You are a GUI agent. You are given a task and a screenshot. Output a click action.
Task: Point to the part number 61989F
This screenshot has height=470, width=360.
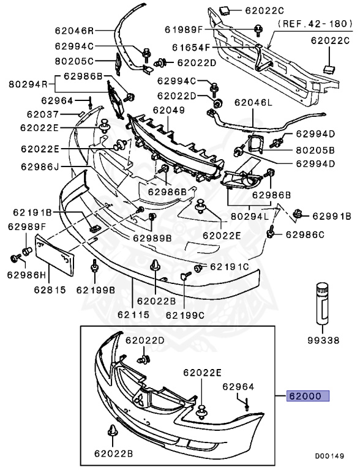tap(187, 29)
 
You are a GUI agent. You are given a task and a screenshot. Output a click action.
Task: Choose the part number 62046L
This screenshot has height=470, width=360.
tap(248, 103)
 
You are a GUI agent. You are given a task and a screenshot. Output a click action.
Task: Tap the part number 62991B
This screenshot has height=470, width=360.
tap(331, 216)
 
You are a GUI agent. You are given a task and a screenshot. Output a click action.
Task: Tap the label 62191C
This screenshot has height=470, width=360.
tap(230, 266)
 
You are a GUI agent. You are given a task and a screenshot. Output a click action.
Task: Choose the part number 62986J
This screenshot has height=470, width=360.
tap(39, 166)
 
